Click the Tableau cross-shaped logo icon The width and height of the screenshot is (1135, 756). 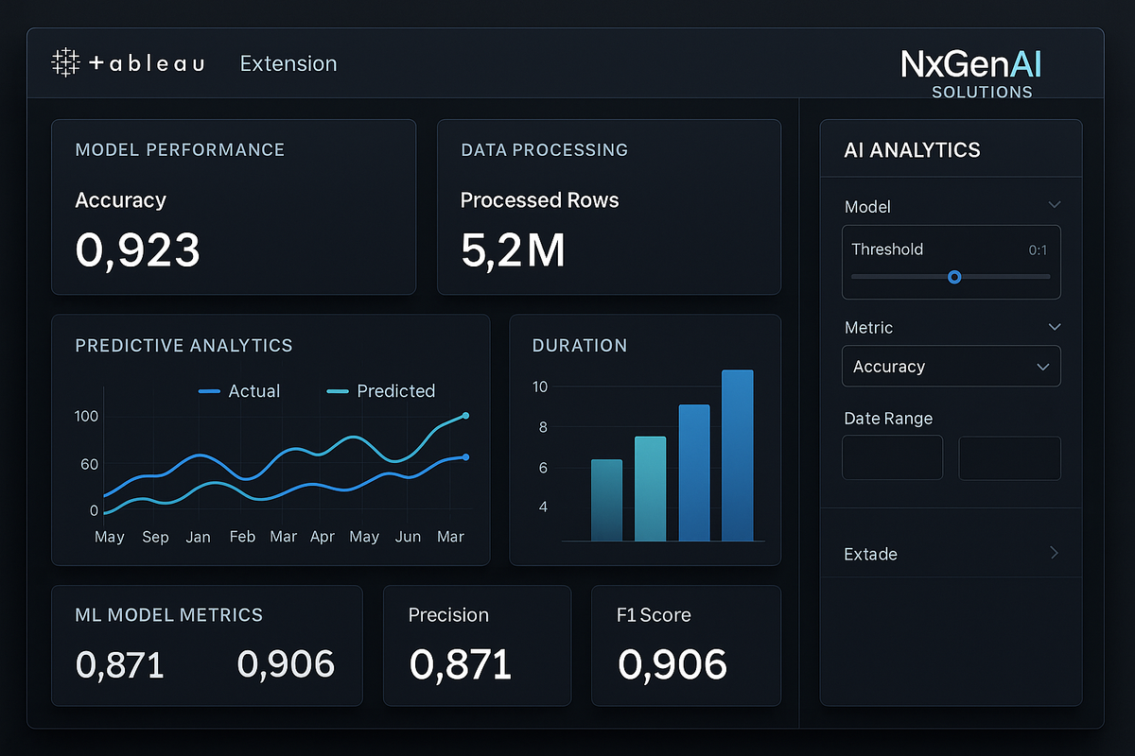[65, 63]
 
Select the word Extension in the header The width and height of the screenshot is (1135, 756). [288, 63]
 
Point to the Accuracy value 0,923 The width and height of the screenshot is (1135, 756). [137, 250]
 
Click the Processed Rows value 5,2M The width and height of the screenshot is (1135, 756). [513, 250]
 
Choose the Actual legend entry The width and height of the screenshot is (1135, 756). [240, 391]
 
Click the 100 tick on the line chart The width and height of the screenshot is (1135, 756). [86, 417]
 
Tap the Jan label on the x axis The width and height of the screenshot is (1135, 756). [199, 537]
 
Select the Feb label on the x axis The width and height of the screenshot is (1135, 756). [242, 537]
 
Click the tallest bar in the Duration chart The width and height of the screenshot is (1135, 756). [738, 455]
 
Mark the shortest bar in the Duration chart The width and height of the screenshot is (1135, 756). [606, 500]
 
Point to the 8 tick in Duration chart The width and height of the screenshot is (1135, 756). [543, 427]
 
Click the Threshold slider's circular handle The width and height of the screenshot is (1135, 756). [954, 277]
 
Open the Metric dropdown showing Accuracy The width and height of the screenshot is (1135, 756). [951, 367]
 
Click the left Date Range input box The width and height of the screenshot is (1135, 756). [892, 458]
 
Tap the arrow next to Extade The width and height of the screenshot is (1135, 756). [1055, 553]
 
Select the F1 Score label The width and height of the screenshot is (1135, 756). [654, 615]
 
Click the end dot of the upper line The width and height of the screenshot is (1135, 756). [465, 416]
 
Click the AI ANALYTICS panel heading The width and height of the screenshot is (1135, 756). [912, 150]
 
